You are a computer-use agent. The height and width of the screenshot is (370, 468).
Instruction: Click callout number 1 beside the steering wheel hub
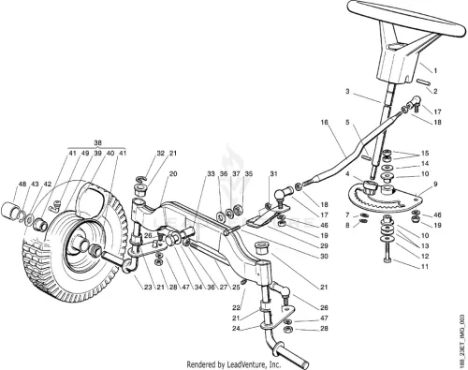click(x=435, y=71)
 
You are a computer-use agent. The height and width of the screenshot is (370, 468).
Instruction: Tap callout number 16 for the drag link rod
click(x=325, y=122)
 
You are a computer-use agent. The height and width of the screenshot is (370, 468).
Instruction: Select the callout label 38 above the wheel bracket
click(x=97, y=143)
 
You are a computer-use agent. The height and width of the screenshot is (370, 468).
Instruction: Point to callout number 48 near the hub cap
click(x=22, y=185)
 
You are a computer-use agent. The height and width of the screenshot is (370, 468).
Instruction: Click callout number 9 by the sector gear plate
click(x=435, y=185)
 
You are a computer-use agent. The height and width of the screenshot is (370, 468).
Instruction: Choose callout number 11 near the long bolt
click(x=425, y=267)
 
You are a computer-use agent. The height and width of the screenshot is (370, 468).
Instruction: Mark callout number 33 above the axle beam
click(x=212, y=174)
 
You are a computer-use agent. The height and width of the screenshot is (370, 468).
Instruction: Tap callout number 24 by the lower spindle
click(x=236, y=329)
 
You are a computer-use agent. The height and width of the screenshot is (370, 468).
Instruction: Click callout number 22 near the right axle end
click(x=236, y=308)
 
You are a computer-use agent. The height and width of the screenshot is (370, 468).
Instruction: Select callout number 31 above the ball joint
click(x=273, y=174)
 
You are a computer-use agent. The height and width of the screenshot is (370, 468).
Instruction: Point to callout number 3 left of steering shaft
click(x=347, y=92)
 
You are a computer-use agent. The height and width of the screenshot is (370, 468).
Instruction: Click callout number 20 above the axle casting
click(x=173, y=174)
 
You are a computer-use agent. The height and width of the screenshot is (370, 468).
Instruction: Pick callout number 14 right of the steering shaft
click(x=425, y=164)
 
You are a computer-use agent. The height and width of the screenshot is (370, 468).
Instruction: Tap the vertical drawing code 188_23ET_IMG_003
click(x=462, y=341)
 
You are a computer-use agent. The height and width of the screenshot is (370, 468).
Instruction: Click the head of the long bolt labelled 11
click(x=387, y=260)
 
